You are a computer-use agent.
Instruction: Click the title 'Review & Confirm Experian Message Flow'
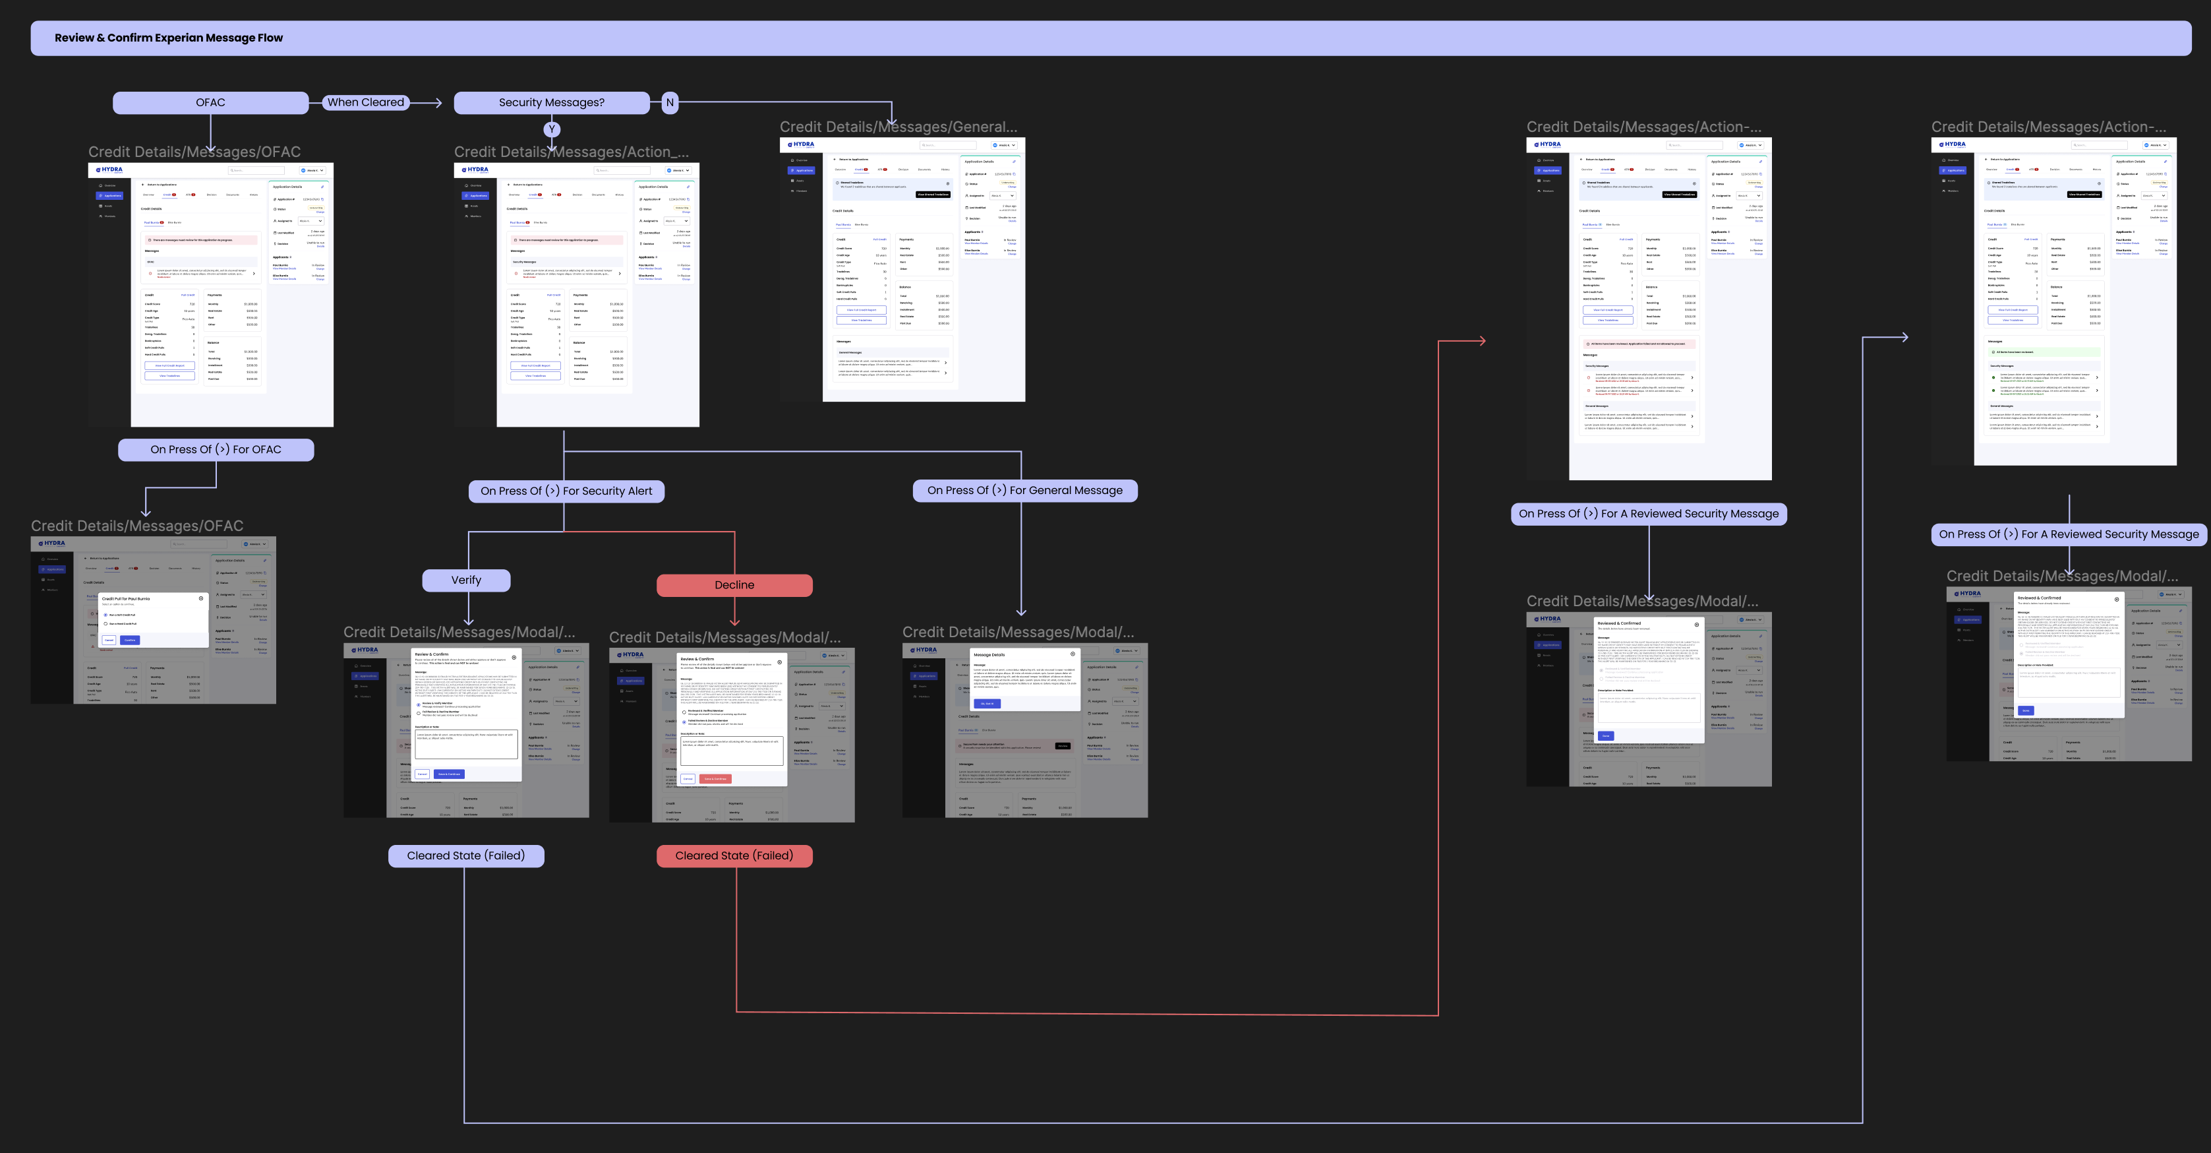168,38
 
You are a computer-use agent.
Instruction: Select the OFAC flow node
210,102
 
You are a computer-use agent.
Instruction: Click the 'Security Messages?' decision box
551,102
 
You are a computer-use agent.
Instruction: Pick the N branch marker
670,102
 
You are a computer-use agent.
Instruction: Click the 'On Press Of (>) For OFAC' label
216,449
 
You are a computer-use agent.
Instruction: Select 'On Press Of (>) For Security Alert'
566,491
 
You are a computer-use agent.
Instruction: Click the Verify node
466,580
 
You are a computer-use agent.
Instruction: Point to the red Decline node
734,584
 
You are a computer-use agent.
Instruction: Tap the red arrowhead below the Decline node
735,623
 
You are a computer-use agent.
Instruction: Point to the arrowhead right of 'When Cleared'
438,103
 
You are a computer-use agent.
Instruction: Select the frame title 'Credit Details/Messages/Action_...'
571,152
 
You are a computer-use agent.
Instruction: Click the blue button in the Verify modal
450,774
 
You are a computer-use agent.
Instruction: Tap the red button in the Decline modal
715,779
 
